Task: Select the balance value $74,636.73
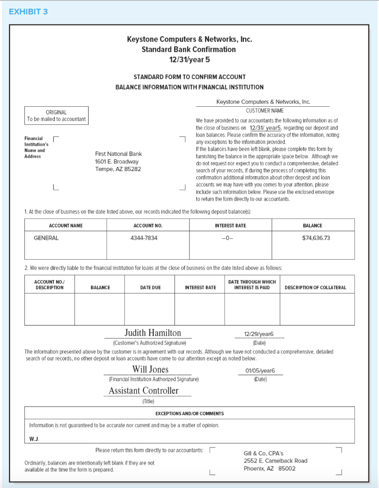point(316,238)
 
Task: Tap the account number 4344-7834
point(143,238)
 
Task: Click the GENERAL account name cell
point(46,238)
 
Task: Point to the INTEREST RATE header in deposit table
point(230,225)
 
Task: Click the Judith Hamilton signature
point(152,333)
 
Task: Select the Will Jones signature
point(150,369)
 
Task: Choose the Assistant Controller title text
point(143,391)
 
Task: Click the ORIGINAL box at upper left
point(56,115)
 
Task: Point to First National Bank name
point(118,154)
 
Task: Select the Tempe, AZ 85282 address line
point(118,169)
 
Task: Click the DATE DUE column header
point(150,287)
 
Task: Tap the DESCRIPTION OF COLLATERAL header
point(315,287)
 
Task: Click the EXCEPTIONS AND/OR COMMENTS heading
point(189,413)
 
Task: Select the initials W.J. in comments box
point(34,439)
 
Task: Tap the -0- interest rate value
point(230,238)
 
